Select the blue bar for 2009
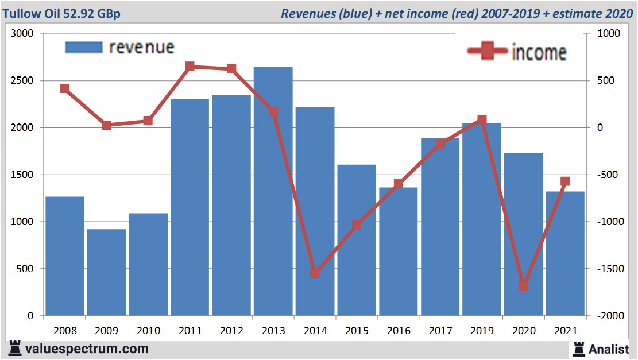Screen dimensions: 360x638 point(106,272)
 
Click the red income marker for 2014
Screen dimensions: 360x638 point(315,273)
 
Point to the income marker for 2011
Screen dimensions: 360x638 point(190,67)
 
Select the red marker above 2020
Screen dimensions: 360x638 point(523,287)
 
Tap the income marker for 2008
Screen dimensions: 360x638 point(65,88)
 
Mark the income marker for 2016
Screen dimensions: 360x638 point(399,184)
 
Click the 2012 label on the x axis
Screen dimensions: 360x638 point(232,331)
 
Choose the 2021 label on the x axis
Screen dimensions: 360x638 point(565,331)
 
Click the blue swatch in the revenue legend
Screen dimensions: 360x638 point(83,47)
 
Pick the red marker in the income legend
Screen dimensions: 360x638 point(487,52)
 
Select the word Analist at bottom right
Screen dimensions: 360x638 point(609,349)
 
